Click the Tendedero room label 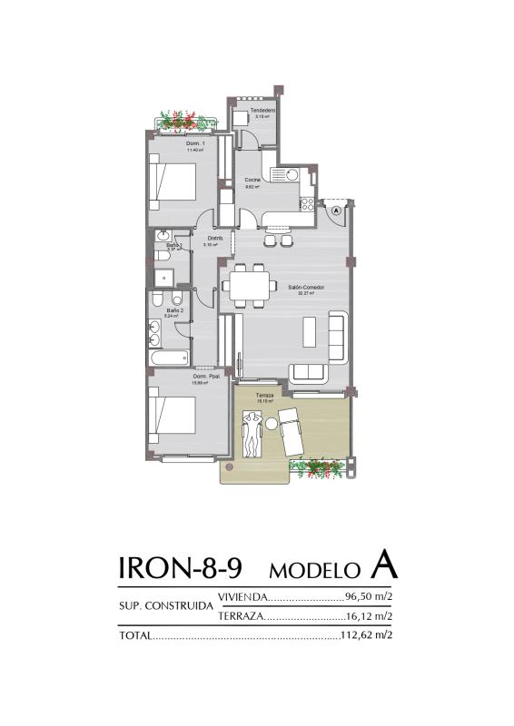(263, 111)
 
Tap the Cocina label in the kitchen (252, 181)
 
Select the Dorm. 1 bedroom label (195, 144)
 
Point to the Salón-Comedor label (306, 288)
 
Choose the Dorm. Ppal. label (202, 377)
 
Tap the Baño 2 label (174, 310)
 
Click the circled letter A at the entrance (336, 210)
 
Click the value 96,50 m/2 (369, 597)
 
